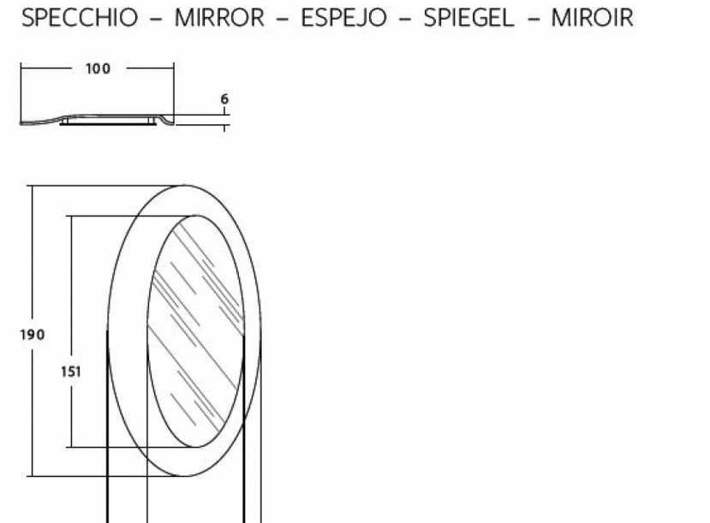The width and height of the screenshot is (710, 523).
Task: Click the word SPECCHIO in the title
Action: (80, 18)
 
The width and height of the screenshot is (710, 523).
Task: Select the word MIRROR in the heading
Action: (219, 18)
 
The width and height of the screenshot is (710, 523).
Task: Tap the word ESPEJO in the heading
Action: (343, 18)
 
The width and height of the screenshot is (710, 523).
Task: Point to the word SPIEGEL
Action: (468, 18)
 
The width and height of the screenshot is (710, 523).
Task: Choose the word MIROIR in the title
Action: (593, 18)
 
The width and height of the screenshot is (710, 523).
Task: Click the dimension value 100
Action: (98, 68)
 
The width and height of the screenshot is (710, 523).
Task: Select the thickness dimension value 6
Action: (224, 99)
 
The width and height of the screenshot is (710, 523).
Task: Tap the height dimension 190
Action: (33, 335)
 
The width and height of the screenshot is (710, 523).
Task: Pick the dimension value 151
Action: (71, 371)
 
